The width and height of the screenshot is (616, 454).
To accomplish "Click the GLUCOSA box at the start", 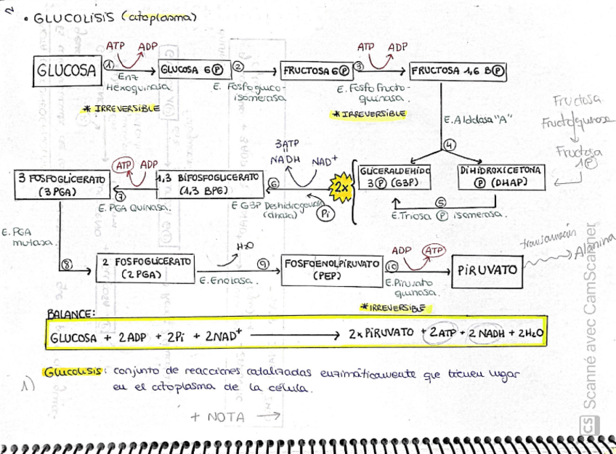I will [66, 70].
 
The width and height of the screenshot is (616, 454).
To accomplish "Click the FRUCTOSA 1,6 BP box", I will [458, 71].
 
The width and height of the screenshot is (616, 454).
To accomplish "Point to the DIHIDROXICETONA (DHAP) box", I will [500, 177].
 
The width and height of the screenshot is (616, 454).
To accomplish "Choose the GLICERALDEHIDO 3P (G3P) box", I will [394, 177].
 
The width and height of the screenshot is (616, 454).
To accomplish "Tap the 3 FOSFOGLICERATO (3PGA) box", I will [60, 185].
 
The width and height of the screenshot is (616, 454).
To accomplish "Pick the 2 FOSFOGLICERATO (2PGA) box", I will [145, 267].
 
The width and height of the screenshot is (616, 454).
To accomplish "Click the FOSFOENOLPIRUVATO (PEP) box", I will [332, 269].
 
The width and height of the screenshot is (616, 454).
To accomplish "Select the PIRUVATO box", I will [487, 269].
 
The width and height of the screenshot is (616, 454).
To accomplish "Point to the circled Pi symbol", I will [328, 213].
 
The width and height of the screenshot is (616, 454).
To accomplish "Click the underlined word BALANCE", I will [70, 313].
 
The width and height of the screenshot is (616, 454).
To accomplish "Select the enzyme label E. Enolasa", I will [224, 280].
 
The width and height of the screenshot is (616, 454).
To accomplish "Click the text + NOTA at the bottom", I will [217, 417].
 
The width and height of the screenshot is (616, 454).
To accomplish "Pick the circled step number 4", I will [449, 145].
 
